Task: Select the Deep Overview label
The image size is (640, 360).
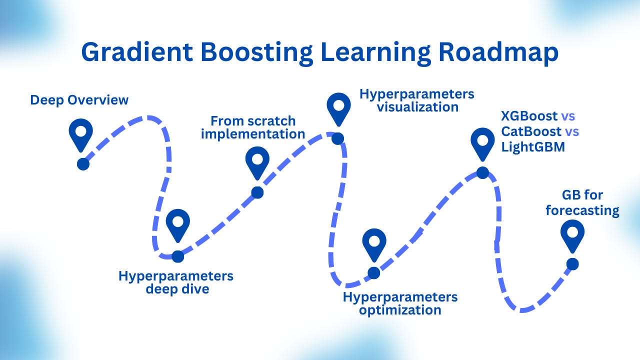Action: pos(79,100)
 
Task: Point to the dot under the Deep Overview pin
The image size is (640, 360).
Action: pos(83,164)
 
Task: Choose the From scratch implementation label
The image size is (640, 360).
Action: pos(257,127)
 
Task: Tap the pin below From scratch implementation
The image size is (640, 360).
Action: pos(257,161)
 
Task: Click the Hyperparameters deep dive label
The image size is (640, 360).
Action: pos(176,282)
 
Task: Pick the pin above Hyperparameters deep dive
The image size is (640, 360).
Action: pos(178,224)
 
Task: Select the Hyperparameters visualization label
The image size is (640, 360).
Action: pos(416,100)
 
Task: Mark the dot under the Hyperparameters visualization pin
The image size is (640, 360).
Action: pos(338,138)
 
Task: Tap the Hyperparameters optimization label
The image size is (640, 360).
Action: pos(400,303)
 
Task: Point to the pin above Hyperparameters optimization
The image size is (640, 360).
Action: pos(374,243)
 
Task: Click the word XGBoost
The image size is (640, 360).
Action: pos(529,116)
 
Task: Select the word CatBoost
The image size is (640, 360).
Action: pos(531,132)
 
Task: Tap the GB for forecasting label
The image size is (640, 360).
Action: pos(582,203)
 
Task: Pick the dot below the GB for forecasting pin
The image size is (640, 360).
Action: pos(572,264)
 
